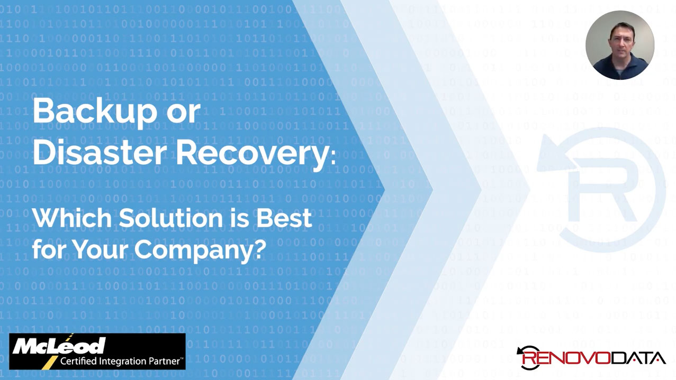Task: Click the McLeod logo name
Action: tap(59, 346)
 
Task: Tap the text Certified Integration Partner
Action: tap(121, 362)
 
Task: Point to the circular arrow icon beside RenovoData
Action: tap(526, 357)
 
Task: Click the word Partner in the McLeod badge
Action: tap(164, 362)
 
